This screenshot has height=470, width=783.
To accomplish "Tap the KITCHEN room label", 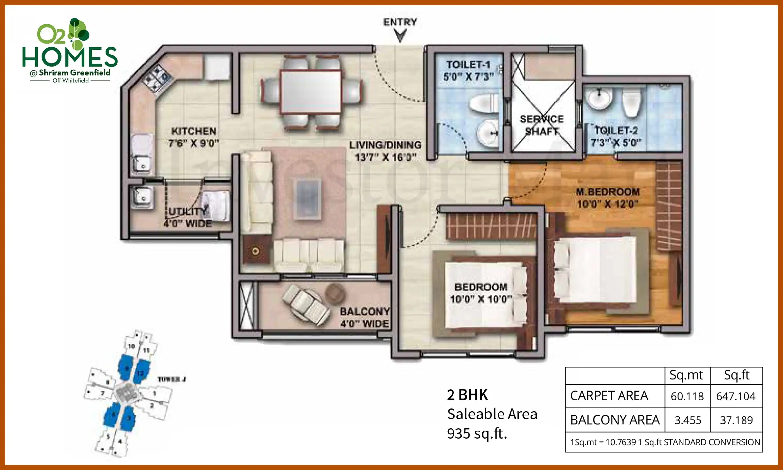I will [194, 131].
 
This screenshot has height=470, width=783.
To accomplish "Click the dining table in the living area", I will [310, 92].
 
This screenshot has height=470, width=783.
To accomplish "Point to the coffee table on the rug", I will [307, 199].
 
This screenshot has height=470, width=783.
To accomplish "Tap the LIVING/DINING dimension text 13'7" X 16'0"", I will [385, 157].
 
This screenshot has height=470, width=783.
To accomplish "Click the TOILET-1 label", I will [468, 65].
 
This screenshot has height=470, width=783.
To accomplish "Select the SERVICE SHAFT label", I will [542, 125].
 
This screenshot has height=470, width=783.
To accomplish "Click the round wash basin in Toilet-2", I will [599, 98].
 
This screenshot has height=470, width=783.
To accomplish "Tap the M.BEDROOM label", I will [608, 192].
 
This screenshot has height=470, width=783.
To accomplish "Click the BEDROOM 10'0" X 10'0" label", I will [481, 293].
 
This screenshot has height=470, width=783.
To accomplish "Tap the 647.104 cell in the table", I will [736, 396].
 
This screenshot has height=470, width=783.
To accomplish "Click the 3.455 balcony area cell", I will [688, 420].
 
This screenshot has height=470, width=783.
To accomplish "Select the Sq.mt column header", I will [686, 375].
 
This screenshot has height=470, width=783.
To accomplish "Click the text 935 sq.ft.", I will [477, 434].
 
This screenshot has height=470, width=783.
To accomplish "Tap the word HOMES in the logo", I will [69, 57].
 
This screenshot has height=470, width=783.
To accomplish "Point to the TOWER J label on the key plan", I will [171, 379].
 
